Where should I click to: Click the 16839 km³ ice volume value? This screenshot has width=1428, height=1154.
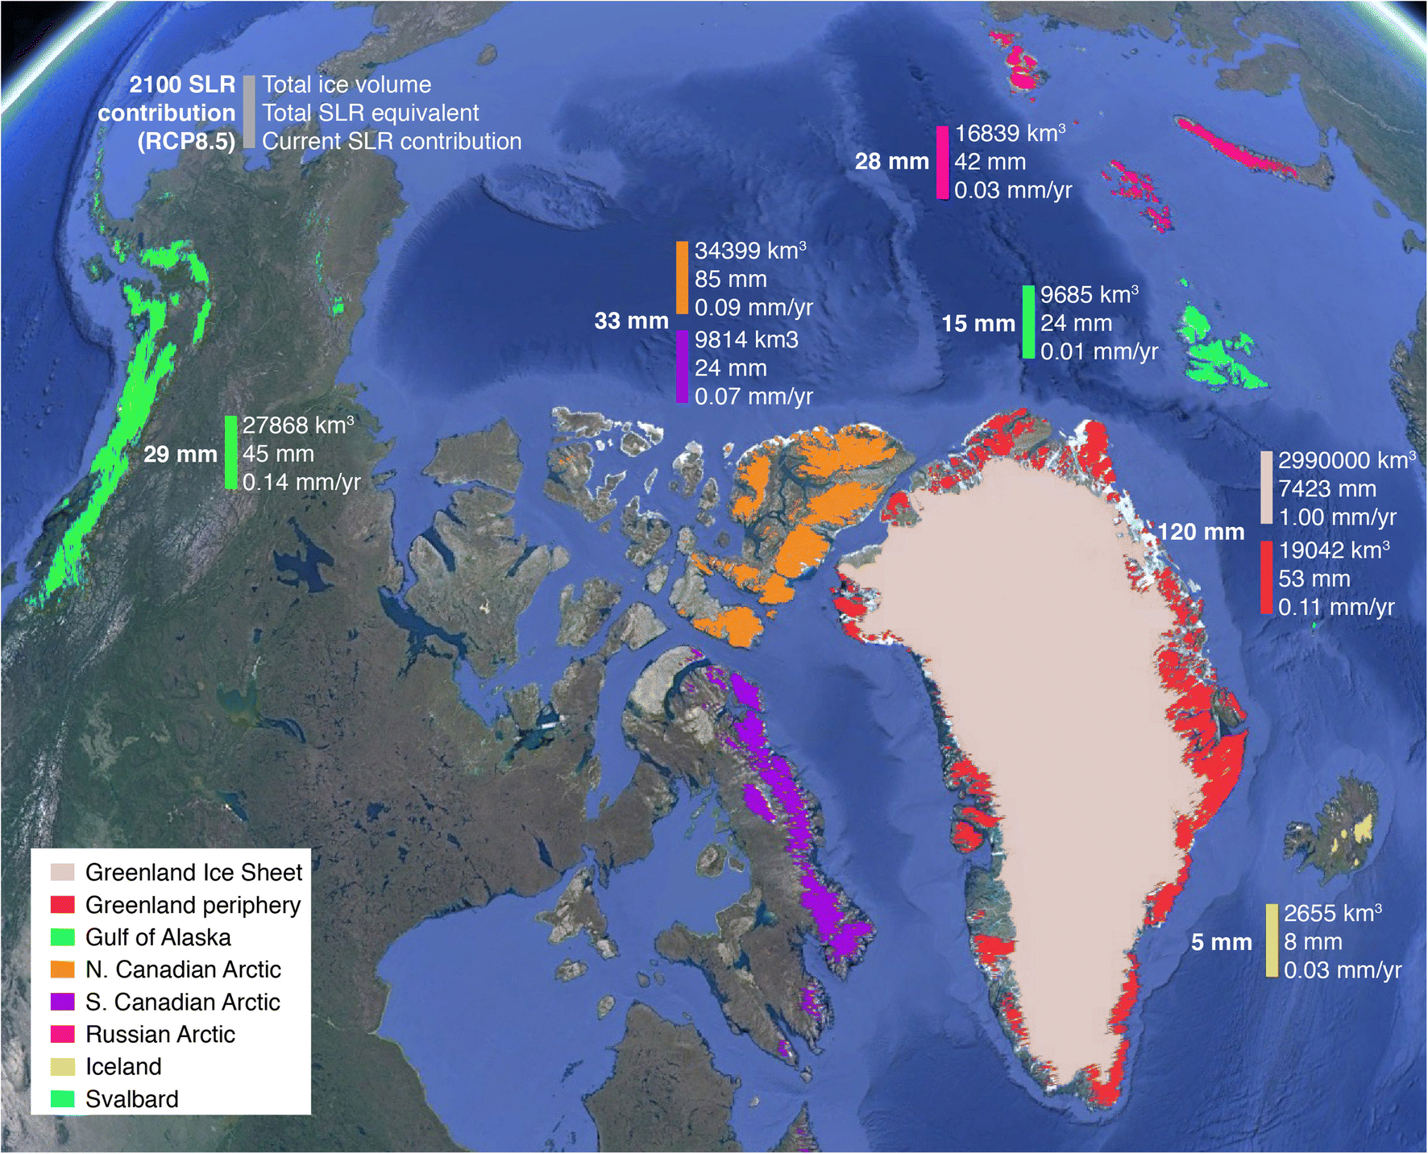pyautogui.click(x=1009, y=134)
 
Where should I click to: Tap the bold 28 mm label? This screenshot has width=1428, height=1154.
pyautogui.click(x=891, y=162)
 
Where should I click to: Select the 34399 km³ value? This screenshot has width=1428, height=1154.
pyautogui.click(x=749, y=251)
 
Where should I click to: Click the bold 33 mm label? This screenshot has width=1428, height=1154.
pyautogui.click(x=631, y=321)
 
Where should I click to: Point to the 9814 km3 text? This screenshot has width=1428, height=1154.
pyautogui.click(x=746, y=340)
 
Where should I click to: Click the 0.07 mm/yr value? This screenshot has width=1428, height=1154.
pyautogui.click(x=753, y=396)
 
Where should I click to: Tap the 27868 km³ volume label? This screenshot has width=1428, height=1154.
pyautogui.click(x=297, y=425)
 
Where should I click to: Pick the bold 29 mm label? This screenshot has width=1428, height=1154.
pyautogui.click(x=181, y=455)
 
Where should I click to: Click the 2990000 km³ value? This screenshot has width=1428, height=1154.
pyautogui.click(x=1346, y=461)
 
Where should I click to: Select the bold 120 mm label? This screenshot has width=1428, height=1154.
pyautogui.click(x=1201, y=532)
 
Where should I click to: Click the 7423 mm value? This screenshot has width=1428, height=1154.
pyautogui.click(x=1326, y=489)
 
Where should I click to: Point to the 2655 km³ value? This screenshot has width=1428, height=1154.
pyautogui.click(x=1332, y=914)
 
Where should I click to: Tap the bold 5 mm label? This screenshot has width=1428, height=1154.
pyautogui.click(x=1221, y=942)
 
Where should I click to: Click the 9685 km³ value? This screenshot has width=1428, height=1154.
pyautogui.click(x=1089, y=295)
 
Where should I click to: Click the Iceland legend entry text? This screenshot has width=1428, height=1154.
pyautogui.click(x=123, y=1067)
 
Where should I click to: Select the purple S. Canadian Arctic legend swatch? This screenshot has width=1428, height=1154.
pyautogui.click(x=62, y=1002)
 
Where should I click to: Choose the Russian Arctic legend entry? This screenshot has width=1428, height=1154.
pyautogui.click(x=160, y=1035)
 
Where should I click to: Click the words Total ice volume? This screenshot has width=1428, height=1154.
pyautogui.click(x=347, y=85)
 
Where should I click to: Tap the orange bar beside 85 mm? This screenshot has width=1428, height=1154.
pyautogui.click(x=682, y=278)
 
